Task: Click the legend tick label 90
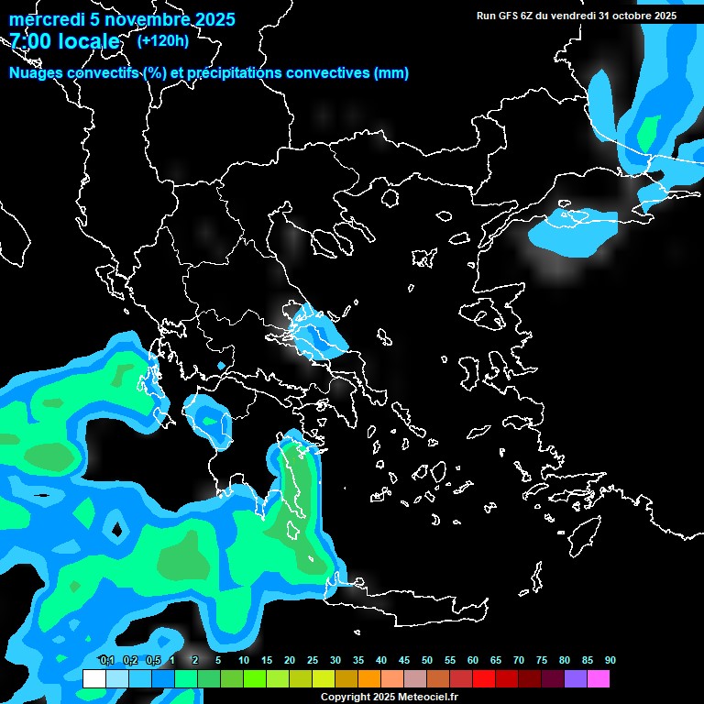[x=610, y=660]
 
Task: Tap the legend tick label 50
[x=427, y=660]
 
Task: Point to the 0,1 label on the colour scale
[x=106, y=660]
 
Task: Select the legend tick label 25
[x=313, y=660]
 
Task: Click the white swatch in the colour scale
[x=93, y=678]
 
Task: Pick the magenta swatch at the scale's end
[x=598, y=678]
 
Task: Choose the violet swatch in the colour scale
[x=575, y=678]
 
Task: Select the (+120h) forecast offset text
[x=162, y=41]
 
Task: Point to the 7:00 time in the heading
[x=27, y=42]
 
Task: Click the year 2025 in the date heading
[x=212, y=19]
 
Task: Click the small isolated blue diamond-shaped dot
[x=221, y=366]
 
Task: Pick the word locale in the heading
[x=86, y=42]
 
